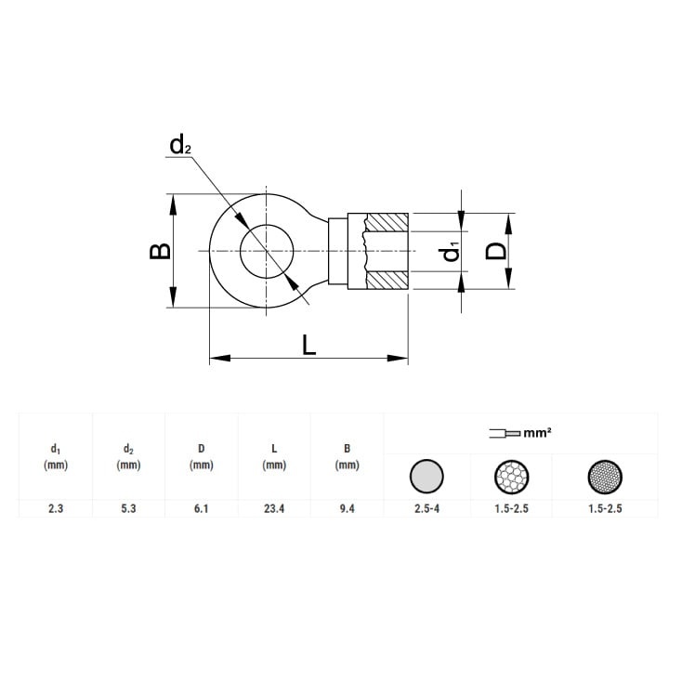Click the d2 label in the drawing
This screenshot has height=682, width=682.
click(180, 145)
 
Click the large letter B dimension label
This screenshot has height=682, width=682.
click(160, 251)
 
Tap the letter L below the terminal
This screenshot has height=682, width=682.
click(308, 345)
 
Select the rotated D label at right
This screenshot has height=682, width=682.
click(496, 251)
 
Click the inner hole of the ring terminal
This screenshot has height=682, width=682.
click(267, 251)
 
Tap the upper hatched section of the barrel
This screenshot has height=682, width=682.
click(387, 222)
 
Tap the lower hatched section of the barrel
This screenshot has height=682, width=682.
click(387, 281)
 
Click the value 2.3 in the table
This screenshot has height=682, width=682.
click(56, 508)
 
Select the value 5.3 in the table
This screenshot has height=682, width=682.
click(129, 508)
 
